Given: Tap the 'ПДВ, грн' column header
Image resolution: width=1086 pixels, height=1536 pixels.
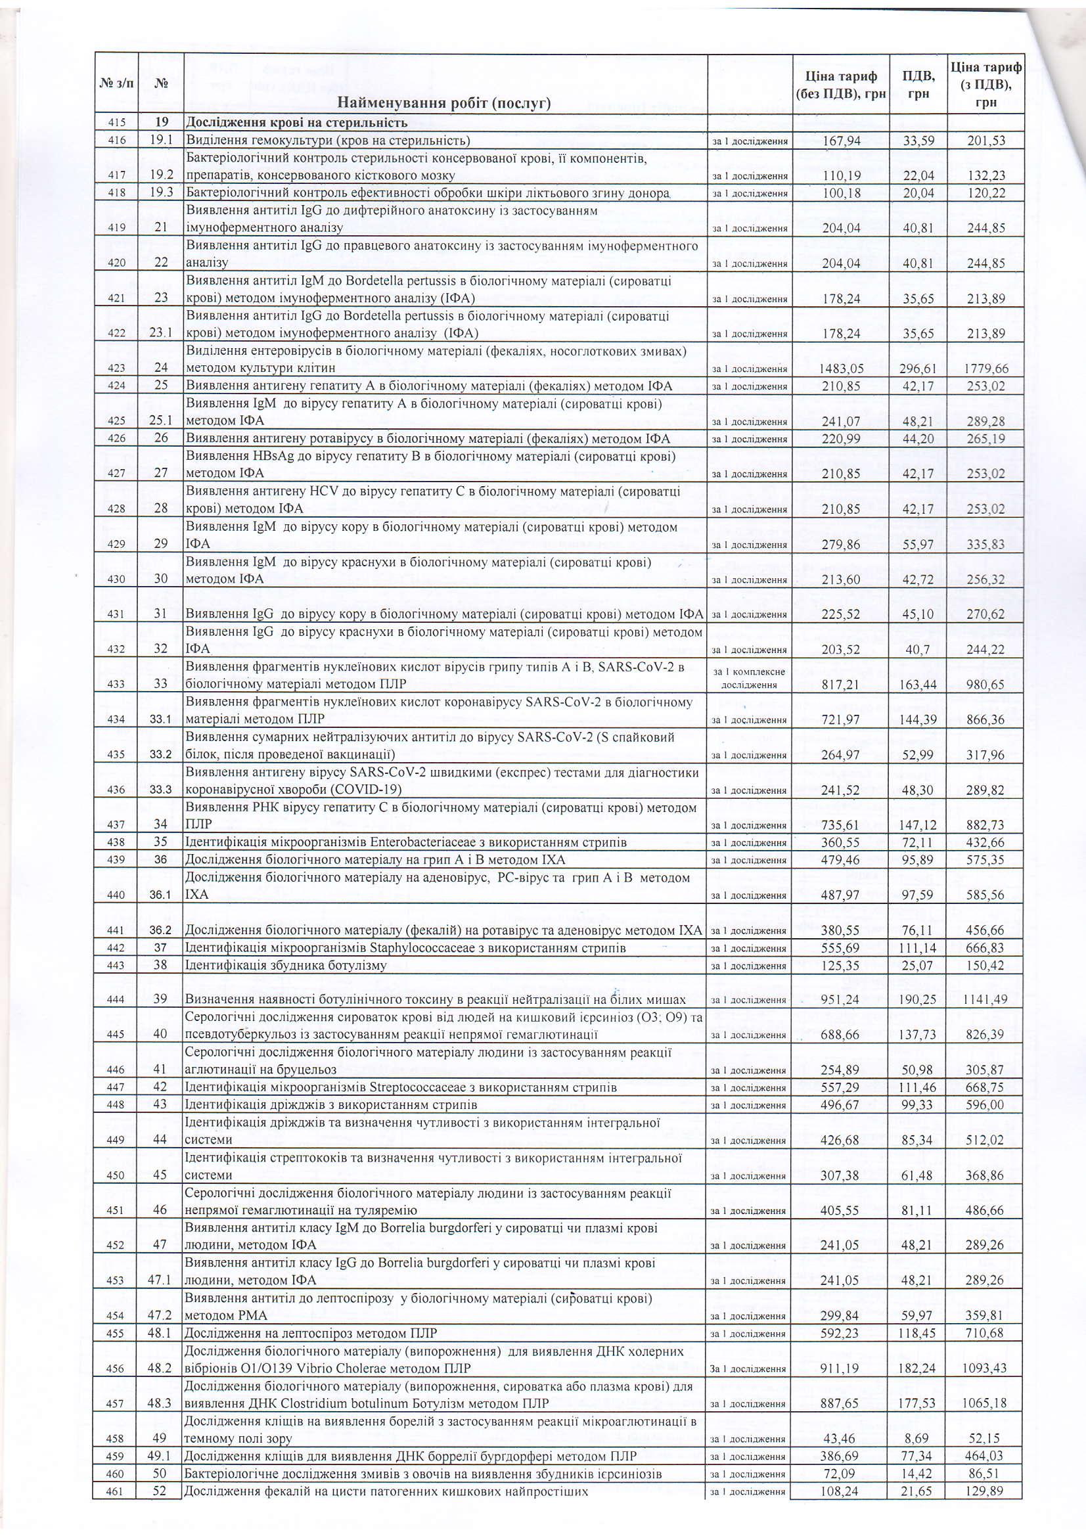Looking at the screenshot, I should [918, 85].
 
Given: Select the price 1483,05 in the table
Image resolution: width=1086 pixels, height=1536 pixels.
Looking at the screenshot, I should [840, 369].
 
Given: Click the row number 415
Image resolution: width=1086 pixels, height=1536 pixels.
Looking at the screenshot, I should [116, 123].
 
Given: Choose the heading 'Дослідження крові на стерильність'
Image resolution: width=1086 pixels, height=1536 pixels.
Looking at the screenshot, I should [296, 123].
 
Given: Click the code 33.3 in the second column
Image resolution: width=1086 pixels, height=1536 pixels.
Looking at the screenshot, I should [160, 790].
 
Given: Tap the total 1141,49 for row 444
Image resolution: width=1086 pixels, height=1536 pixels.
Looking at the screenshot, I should [985, 1000].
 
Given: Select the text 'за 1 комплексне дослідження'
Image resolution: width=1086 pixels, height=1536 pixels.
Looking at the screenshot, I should [750, 678].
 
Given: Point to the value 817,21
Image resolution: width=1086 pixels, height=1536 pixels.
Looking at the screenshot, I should [840, 685].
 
